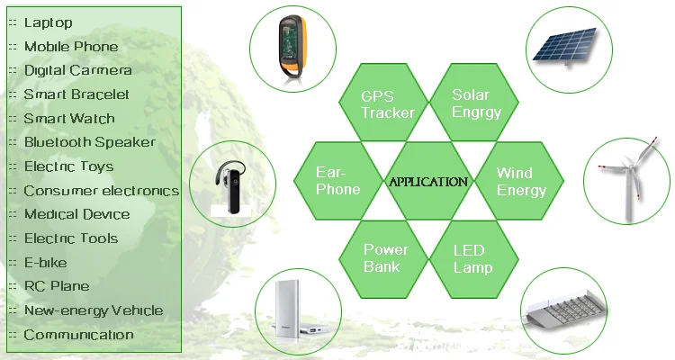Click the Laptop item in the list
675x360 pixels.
click(x=49, y=22)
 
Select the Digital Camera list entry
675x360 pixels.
click(x=77, y=70)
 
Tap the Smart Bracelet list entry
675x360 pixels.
click(x=76, y=94)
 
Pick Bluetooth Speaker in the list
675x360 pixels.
click(x=89, y=142)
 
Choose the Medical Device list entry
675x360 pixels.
click(x=76, y=214)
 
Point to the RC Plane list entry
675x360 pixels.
click(x=57, y=286)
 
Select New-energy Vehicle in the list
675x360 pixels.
click(x=94, y=310)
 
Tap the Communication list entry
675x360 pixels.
click(x=78, y=335)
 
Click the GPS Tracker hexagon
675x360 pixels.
click(x=387, y=103)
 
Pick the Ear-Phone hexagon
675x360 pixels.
click(x=338, y=181)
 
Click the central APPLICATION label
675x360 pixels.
click(x=428, y=182)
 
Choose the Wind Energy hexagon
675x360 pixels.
click(x=520, y=181)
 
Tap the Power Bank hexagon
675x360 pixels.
click(x=386, y=258)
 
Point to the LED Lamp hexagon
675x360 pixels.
click(x=472, y=258)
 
